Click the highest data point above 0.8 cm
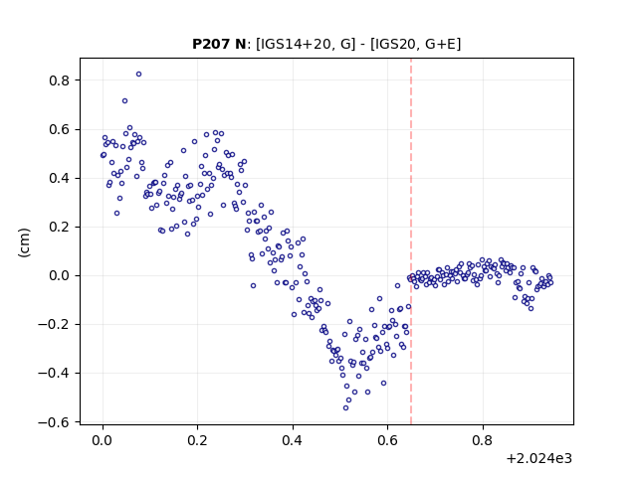pyautogui.click(x=139, y=75)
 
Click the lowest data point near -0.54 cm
pyautogui.click(x=345, y=408)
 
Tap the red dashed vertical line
pyautogui.click(x=411, y=241)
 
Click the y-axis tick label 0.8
pyautogui.click(x=60, y=80)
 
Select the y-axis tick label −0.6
pyautogui.click(x=54, y=422)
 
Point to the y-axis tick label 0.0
pyautogui.click(x=60, y=276)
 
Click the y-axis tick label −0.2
pyautogui.click(x=54, y=325)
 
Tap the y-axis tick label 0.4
pyautogui.click(x=60, y=179)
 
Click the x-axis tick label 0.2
pyautogui.click(x=197, y=440)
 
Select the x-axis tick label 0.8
pyautogui.click(x=483, y=440)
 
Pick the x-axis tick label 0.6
pyautogui.click(x=387, y=440)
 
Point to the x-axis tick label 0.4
pyautogui.click(x=293, y=440)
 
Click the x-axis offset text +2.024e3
pyautogui.click(x=539, y=459)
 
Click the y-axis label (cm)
pyautogui.click(x=24, y=242)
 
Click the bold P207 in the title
pyautogui.click(x=207, y=44)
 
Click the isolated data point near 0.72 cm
pyautogui.click(x=125, y=101)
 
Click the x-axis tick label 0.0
pyautogui.click(x=103, y=440)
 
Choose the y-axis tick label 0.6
pyautogui.click(x=60, y=130)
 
